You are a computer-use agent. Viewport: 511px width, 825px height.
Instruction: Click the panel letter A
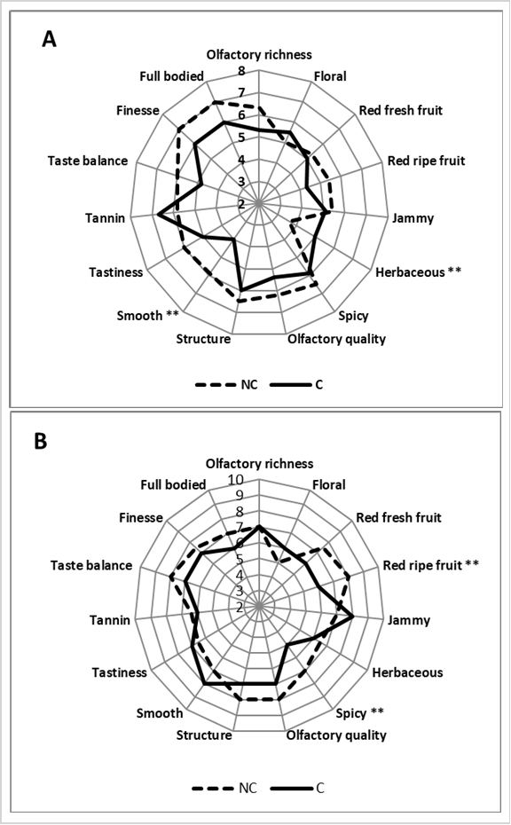click(49, 39)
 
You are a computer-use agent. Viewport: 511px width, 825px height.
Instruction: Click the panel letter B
click(41, 442)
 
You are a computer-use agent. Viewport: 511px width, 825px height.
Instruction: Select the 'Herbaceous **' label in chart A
click(419, 272)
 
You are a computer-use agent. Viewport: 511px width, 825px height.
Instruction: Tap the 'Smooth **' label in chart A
click(148, 315)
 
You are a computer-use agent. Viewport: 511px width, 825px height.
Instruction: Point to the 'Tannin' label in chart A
click(106, 218)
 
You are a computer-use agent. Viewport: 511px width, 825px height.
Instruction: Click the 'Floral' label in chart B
click(329, 484)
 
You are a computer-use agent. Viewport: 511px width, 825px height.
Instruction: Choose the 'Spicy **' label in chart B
click(360, 713)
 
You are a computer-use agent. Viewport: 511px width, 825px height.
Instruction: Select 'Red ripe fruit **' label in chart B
click(430, 565)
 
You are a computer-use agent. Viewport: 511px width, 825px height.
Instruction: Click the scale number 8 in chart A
click(241, 72)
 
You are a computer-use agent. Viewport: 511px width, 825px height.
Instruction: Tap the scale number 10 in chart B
click(236, 480)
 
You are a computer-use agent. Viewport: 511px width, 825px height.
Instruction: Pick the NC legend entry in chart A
click(226, 385)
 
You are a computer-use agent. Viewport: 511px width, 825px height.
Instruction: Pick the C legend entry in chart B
click(298, 788)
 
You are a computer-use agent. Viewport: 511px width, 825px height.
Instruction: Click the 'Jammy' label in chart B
click(409, 621)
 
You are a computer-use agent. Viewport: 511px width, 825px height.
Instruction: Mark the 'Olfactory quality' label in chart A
click(336, 340)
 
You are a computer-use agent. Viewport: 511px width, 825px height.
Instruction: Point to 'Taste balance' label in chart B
click(91, 565)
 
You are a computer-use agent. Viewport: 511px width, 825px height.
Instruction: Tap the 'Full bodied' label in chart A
click(171, 76)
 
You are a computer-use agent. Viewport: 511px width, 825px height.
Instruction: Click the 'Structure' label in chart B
click(204, 735)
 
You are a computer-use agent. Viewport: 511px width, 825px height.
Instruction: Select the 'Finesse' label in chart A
click(138, 111)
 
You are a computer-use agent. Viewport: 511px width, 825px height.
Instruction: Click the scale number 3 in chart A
click(241, 182)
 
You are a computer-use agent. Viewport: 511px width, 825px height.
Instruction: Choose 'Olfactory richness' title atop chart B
click(259, 464)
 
